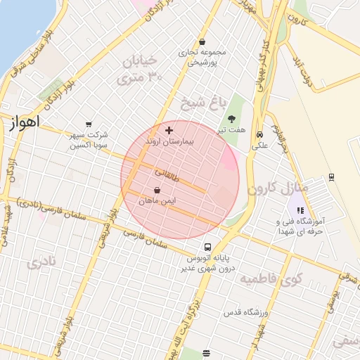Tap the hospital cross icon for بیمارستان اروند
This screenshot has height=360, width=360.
click(x=169, y=130)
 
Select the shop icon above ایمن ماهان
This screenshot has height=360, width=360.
click(x=157, y=190)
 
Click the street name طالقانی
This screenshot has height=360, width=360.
click(x=167, y=172)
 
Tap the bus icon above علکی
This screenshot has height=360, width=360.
click(x=259, y=134)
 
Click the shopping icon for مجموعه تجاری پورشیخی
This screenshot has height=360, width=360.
click(x=202, y=41)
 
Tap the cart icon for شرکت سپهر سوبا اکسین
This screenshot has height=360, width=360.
click(x=88, y=124)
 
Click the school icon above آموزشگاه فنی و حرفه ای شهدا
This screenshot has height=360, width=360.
click(x=300, y=210)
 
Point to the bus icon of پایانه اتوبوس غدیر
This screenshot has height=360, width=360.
click(x=207, y=247)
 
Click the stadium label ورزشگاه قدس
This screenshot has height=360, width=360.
click(x=245, y=311)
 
